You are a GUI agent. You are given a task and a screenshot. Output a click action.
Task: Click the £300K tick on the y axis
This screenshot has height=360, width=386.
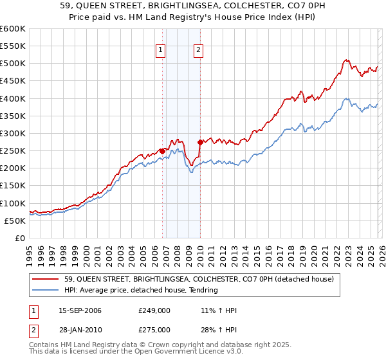[x=13, y=133]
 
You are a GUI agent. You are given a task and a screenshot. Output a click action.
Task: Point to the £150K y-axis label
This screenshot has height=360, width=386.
[x=13, y=186]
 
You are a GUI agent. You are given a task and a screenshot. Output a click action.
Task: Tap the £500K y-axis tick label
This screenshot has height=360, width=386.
[x=13, y=63]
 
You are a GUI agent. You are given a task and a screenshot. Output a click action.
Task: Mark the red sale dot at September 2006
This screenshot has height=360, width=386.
[x=162, y=150]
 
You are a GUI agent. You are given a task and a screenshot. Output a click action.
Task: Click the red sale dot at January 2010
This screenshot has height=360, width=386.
[x=200, y=141]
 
